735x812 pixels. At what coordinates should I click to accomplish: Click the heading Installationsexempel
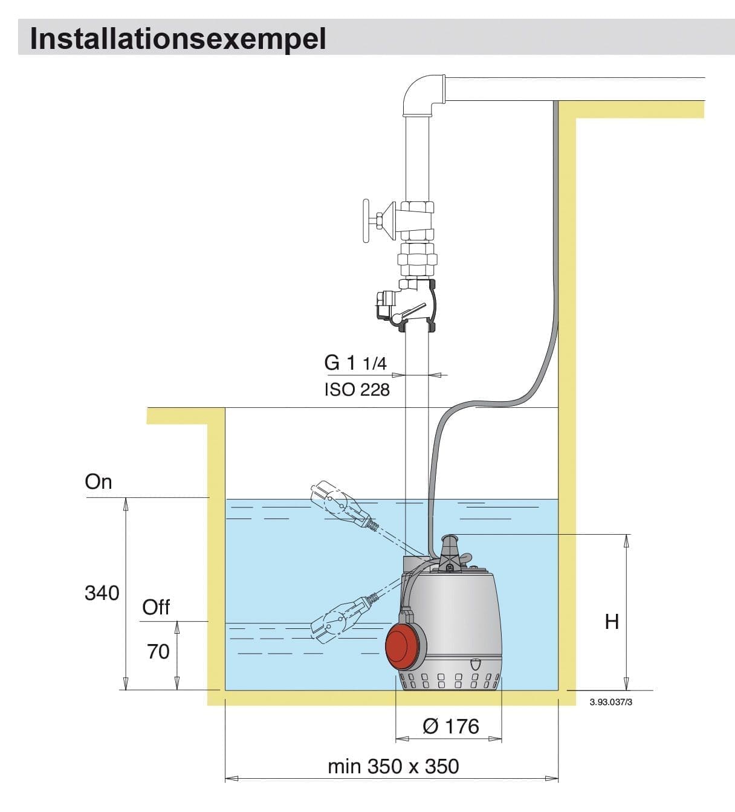178,38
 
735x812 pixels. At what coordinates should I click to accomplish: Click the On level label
99,482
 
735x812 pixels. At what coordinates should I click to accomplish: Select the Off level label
156,607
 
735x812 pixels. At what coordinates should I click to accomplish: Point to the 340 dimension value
102,593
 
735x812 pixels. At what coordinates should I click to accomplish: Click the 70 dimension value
158,651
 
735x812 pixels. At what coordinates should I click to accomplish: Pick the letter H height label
612,621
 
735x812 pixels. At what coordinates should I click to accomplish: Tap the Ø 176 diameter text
450,726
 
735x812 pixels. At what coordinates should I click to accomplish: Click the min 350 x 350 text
393,766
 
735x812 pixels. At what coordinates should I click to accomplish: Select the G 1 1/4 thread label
355,362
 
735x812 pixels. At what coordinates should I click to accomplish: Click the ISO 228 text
357,390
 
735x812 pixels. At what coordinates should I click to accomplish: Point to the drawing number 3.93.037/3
610,702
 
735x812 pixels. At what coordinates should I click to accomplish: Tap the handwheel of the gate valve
366,221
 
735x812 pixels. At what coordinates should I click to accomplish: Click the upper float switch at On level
338,503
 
